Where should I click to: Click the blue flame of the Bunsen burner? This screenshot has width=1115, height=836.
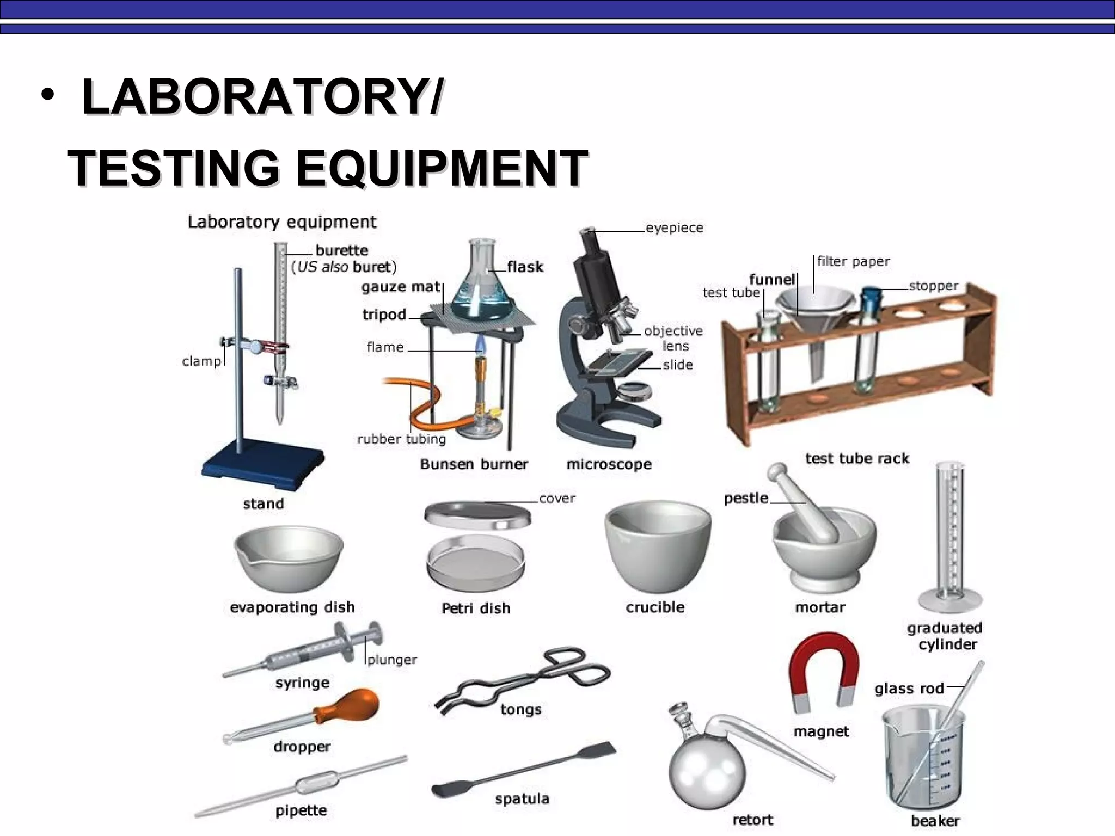(481, 344)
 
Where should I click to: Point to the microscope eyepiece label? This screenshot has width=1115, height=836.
(674, 228)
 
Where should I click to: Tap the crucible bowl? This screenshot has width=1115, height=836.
(657, 547)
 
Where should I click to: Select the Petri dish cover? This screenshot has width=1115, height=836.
(477, 514)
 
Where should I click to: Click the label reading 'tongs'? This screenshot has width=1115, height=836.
(521, 709)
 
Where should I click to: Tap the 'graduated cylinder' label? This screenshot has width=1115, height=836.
(945, 636)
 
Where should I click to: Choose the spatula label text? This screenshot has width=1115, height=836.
(522, 799)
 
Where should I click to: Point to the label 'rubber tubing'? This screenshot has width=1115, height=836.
(401, 439)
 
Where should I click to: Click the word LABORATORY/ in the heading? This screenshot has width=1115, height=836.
(263, 97)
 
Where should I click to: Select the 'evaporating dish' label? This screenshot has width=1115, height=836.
(292, 607)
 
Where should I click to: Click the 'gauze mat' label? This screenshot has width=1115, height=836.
(401, 287)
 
